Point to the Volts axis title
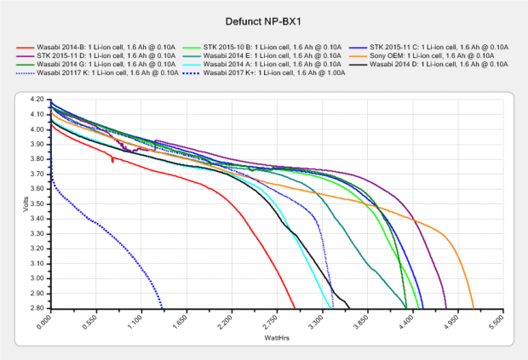coord(26,204)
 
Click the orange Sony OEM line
coord(443,235)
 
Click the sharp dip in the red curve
coord(112,159)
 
